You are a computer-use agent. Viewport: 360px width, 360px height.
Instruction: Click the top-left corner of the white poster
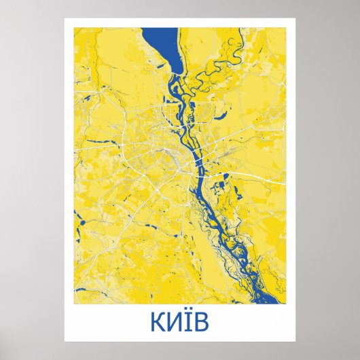point(65,18)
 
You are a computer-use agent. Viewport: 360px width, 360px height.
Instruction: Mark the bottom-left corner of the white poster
point(65,342)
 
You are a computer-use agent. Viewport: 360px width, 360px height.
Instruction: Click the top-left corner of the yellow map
point(76,28)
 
